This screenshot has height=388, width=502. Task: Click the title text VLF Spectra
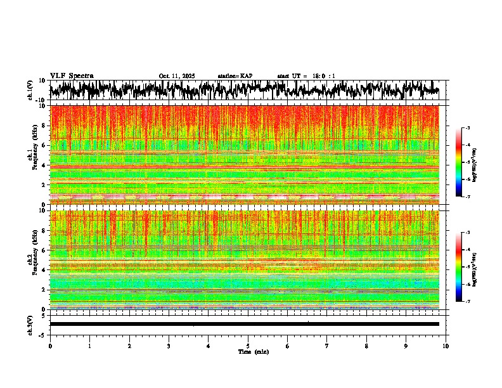coord(72,75)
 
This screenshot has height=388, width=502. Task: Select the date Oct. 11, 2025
coord(177,76)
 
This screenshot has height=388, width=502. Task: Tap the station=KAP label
coord(235,76)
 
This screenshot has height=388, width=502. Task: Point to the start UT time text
coord(306,76)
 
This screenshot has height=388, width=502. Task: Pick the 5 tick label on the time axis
coord(248,346)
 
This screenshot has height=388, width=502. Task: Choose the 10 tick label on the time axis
coord(446,346)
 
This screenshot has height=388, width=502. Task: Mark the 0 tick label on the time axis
coord(50,346)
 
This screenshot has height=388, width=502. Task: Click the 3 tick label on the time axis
coord(169,346)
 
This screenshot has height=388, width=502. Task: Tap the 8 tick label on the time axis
coord(366,346)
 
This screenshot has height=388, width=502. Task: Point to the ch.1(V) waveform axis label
coord(30,90)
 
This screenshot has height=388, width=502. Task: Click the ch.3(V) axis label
coord(30,324)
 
